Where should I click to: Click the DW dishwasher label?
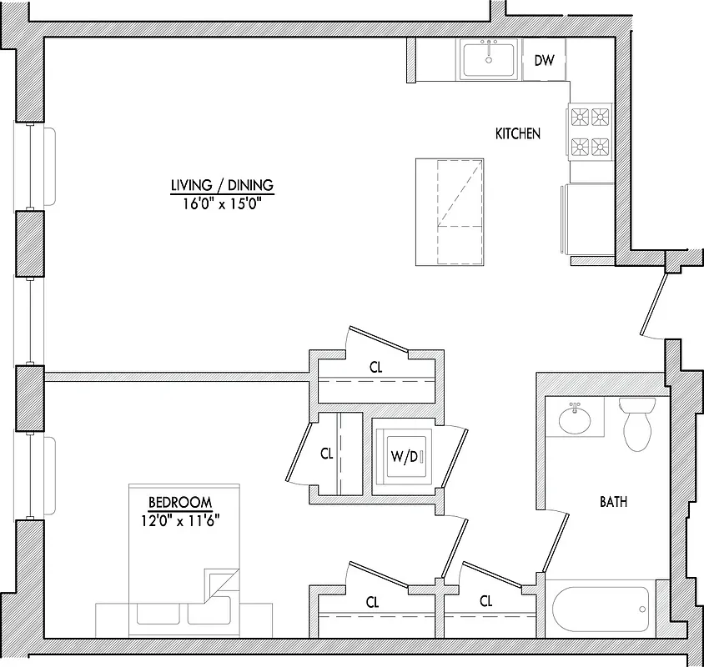[x=544, y=60]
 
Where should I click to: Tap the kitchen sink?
[x=489, y=59]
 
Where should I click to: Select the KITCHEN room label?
[x=518, y=133]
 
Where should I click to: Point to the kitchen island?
[x=450, y=211]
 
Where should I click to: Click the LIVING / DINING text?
[x=222, y=185]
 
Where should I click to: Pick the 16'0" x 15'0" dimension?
[x=222, y=203]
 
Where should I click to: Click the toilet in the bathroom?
[x=638, y=423]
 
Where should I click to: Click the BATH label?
[x=613, y=502]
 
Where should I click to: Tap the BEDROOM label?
[x=179, y=503]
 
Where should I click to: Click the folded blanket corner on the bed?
[x=219, y=584]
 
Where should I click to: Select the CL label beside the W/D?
[x=327, y=454]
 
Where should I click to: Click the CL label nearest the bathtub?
[x=485, y=601]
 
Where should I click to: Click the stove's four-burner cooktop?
[x=590, y=132]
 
